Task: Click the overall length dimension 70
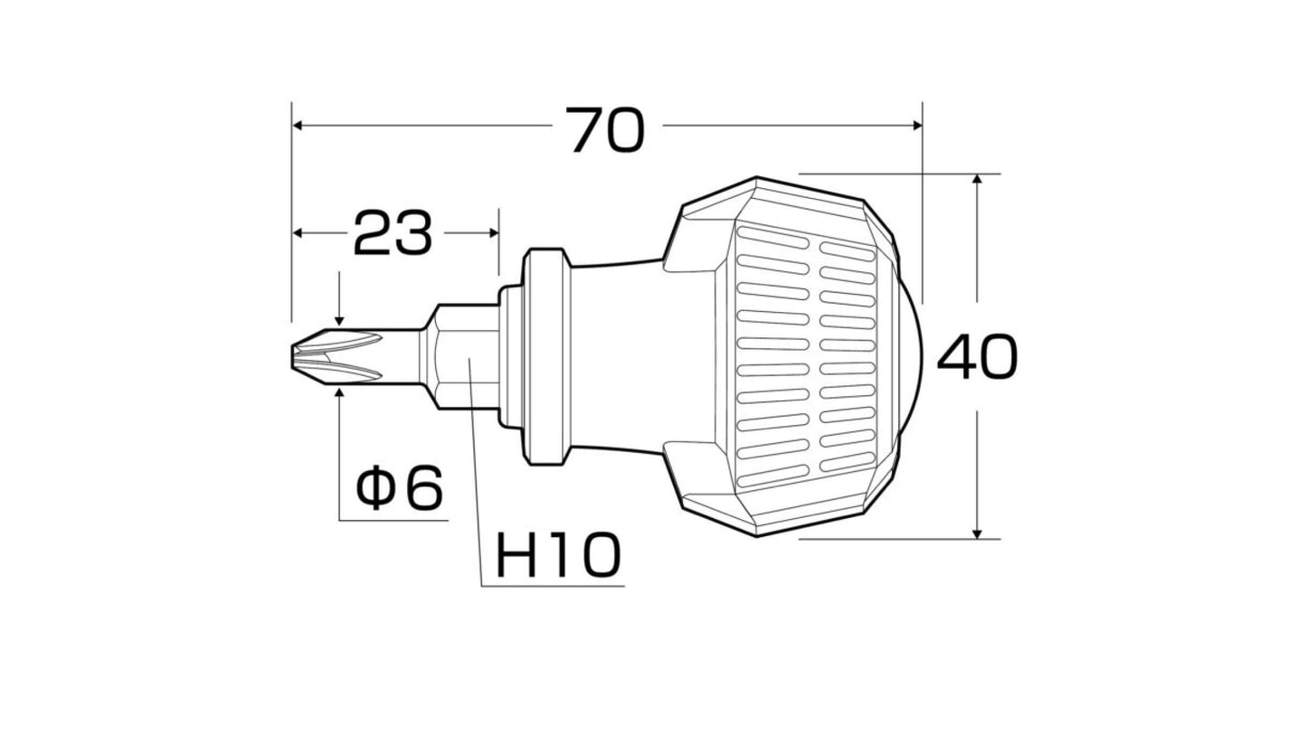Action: pos(605,130)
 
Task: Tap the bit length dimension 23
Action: pos(393,233)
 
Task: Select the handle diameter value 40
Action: pos(978,357)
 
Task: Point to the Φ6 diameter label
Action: pos(400,486)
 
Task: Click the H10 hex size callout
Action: pos(558,555)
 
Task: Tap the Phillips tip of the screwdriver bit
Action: pos(336,356)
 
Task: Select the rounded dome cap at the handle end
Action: pos(911,356)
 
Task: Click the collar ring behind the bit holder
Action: pos(546,357)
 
